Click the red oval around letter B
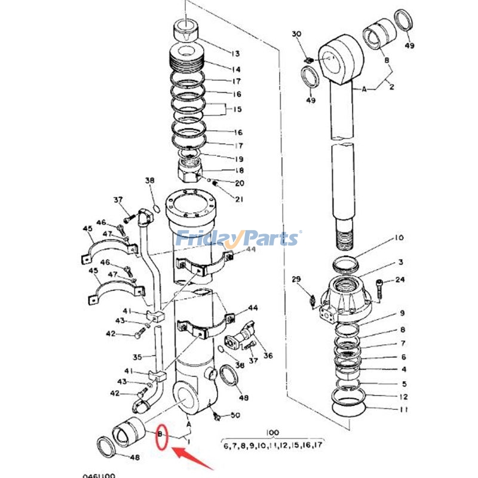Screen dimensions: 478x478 point(161,436)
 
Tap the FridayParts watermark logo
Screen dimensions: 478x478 point(238,238)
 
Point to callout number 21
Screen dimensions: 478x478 point(240,199)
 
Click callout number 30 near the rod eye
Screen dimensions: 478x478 point(297,34)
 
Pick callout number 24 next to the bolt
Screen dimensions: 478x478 point(400,280)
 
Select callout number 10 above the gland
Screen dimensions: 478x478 point(399,238)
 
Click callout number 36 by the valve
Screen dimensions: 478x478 point(268,356)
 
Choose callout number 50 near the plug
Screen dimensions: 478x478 point(235,415)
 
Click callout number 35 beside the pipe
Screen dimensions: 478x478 point(137,357)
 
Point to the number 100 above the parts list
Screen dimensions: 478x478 point(273,431)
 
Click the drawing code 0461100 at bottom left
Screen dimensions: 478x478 point(99,476)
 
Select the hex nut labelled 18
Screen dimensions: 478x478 point(193,171)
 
